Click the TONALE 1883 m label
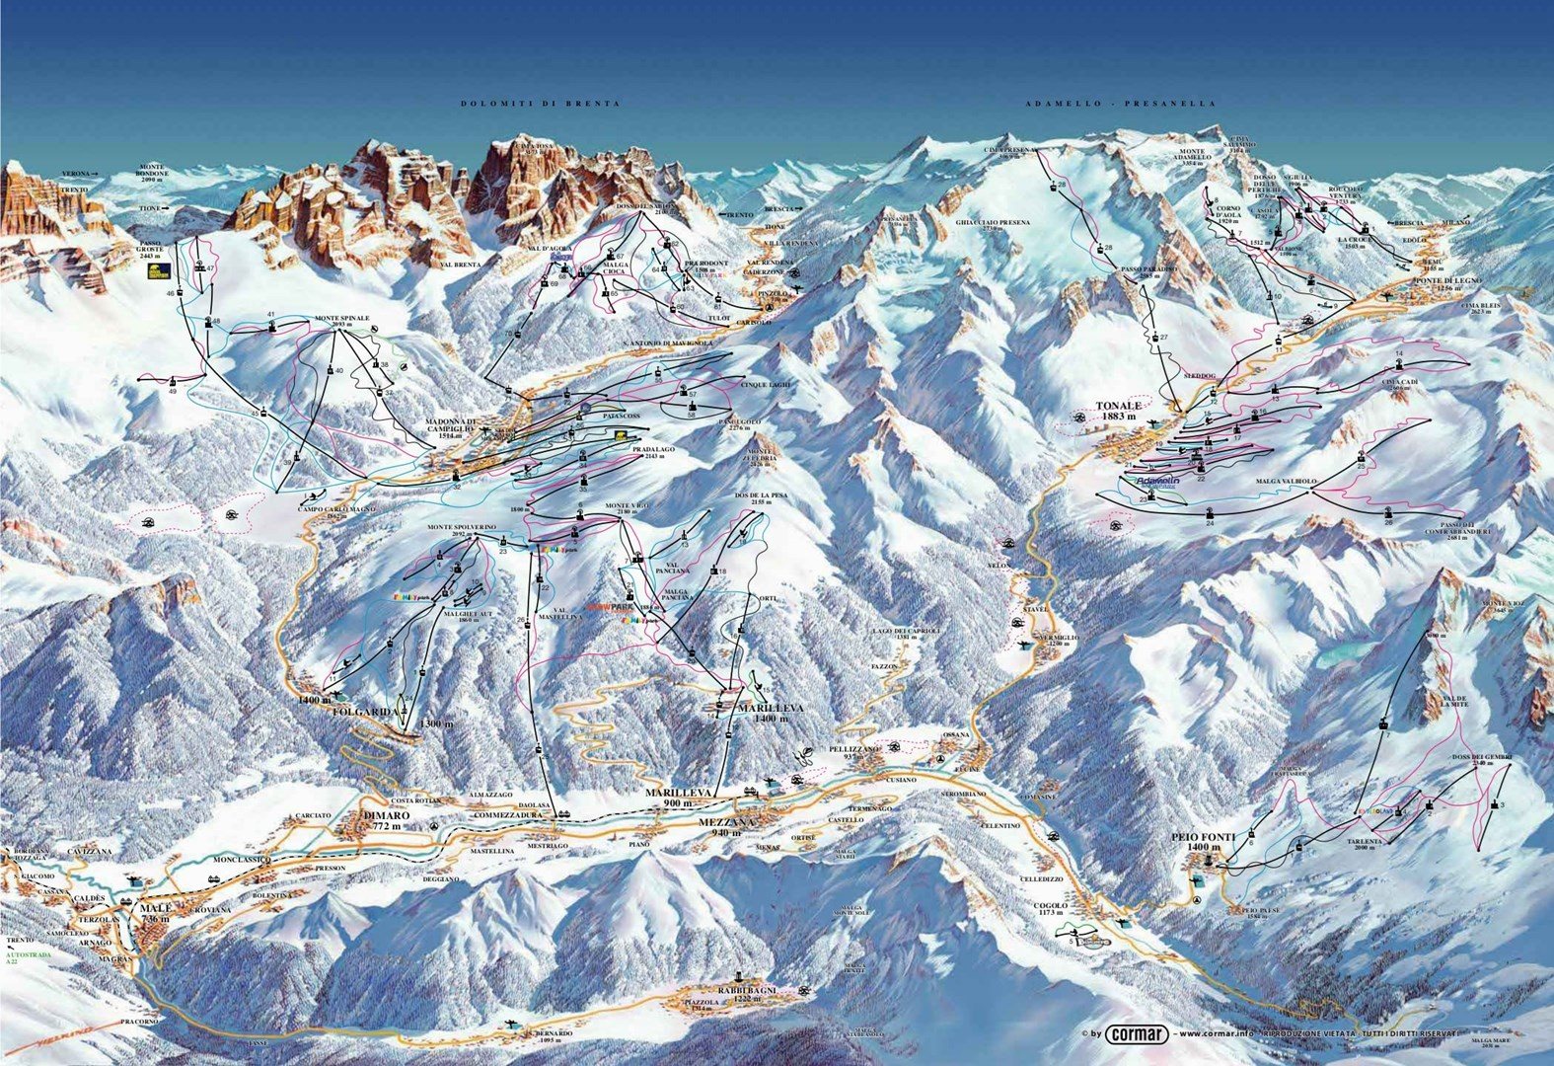(x=1118, y=411)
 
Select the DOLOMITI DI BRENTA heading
(x=527, y=104)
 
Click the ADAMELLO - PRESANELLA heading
(x=1119, y=104)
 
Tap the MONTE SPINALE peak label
(x=342, y=319)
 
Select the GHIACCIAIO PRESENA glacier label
(x=993, y=224)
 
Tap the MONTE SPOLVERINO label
(x=459, y=529)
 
